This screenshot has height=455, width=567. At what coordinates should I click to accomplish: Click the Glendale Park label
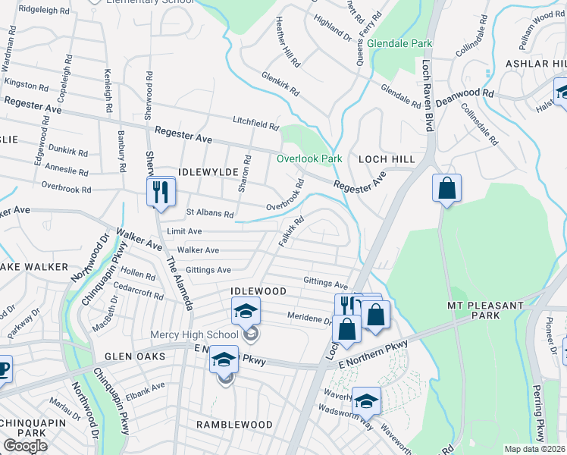coord(399,44)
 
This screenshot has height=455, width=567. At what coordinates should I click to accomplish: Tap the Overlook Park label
coord(309,158)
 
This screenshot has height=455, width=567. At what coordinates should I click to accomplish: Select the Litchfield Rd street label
coord(255,124)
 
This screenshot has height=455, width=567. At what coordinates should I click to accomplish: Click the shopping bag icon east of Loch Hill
coord(447,187)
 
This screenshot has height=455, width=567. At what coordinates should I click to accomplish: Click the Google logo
coord(25,446)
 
